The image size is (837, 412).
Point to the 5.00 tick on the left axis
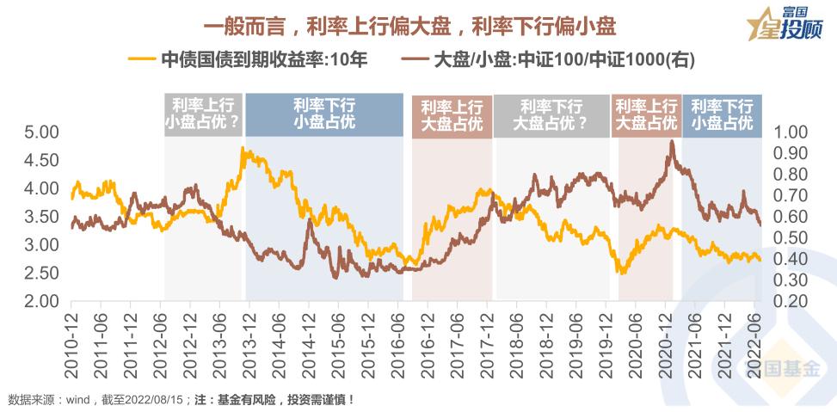tap(40, 132)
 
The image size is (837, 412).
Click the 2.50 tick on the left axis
tap(40, 274)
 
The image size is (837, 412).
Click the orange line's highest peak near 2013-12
tap(244, 149)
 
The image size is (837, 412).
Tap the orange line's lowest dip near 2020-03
tap(622, 273)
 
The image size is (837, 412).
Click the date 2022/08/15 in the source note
tap(153, 400)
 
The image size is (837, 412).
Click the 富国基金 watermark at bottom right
tap(779, 372)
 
